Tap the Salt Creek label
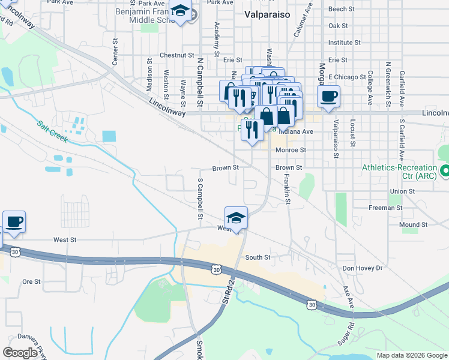tap(52, 132)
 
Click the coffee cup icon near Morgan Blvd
tap(328, 96)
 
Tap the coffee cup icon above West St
tap(14, 222)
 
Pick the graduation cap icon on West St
tap(237, 218)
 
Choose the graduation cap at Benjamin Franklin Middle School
tap(179, 11)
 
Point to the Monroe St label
tap(291, 150)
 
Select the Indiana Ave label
tap(299, 131)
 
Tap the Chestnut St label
tap(175, 55)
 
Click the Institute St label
tap(344, 43)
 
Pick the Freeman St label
tap(385, 208)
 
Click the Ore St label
tap(31, 281)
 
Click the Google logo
tap(20, 352)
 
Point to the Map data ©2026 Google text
tap(411, 355)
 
